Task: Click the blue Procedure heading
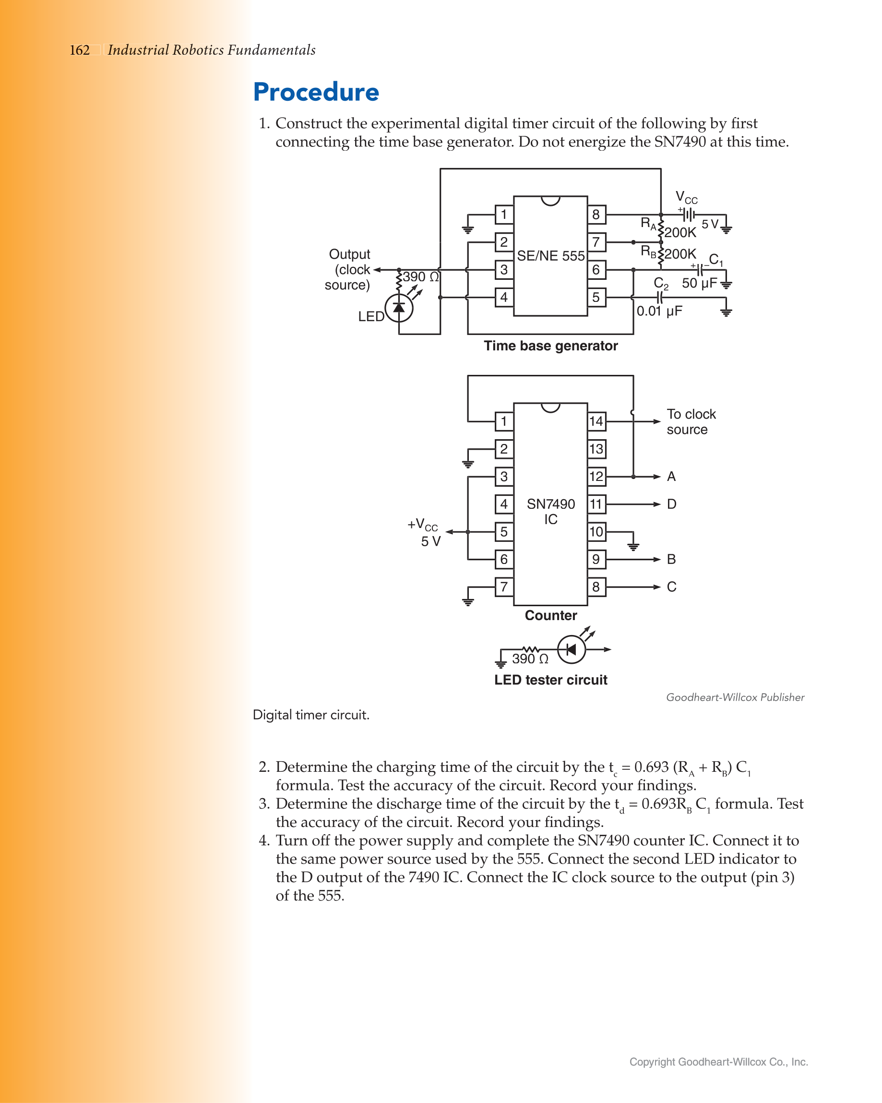click(x=316, y=92)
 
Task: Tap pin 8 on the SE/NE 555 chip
click(x=596, y=215)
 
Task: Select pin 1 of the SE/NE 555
click(x=504, y=215)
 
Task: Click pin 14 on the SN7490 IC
click(x=596, y=421)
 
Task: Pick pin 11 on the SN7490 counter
click(x=596, y=504)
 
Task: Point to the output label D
click(x=671, y=504)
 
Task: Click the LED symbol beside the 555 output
click(x=399, y=308)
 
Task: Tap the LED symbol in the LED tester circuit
click(x=571, y=649)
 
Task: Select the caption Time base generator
click(x=550, y=346)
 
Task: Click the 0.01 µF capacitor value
click(x=659, y=311)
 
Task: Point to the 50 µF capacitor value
click(x=699, y=283)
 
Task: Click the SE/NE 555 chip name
click(x=550, y=256)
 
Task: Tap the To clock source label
click(x=691, y=421)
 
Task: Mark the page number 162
click(x=80, y=50)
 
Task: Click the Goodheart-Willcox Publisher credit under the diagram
click(x=735, y=697)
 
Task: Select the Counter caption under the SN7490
click(x=550, y=615)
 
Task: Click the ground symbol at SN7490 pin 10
click(x=633, y=546)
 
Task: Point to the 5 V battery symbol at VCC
click(x=688, y=215)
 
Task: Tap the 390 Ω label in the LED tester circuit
click(x=530, y=659)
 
